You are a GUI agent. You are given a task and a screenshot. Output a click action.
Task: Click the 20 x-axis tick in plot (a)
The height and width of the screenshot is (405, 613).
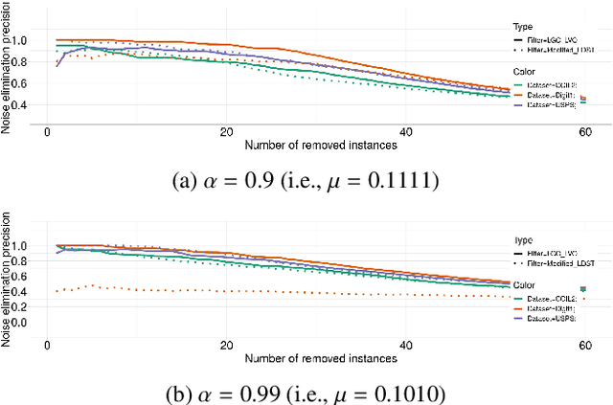coord(227,132)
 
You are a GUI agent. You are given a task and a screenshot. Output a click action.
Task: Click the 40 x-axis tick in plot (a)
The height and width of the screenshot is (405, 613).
coord(405,132)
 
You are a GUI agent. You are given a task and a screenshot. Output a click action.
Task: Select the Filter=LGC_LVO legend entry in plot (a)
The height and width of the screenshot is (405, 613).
coord(548,40)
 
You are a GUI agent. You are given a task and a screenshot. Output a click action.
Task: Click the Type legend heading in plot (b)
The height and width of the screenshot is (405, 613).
coord(524,241)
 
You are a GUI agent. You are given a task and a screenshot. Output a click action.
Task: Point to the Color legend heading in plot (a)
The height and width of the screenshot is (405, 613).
coord(526,73)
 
